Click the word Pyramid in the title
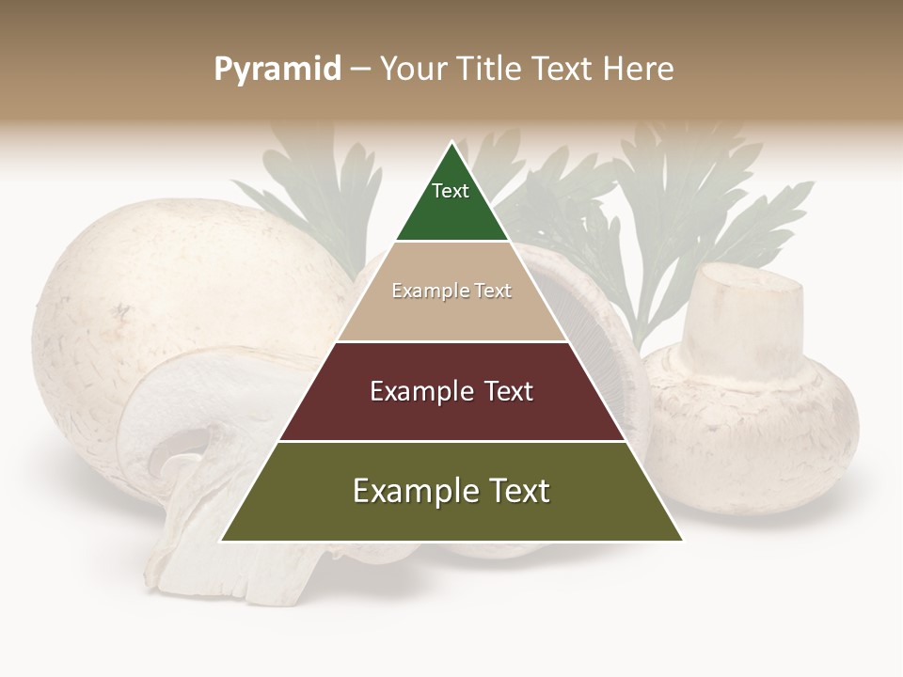(277, 70)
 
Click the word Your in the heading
(411, 70)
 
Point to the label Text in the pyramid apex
(451, 191)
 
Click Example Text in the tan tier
(451, 291)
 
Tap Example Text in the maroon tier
(451, 391)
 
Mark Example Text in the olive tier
(451, 491)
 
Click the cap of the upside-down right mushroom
(752, 423)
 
